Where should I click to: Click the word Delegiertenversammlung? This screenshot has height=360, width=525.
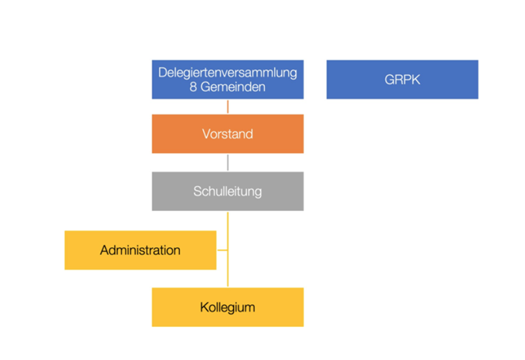(x=228, y=73)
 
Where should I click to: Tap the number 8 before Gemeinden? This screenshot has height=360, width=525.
(x=193, y=87)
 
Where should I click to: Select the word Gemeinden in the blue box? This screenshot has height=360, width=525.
(x=232, y=87)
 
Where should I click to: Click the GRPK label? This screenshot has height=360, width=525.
(x=402, y=80)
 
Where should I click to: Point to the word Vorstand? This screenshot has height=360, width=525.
(x=228, y=134)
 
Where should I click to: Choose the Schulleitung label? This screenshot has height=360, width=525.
(x=228, y=192)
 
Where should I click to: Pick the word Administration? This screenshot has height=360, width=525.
(x=141, y=250)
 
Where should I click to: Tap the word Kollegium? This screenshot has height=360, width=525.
(x=228, y=307)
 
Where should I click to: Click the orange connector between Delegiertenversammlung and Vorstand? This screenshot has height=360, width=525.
(x=228, y=107)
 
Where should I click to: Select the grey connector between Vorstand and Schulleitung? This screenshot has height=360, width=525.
(x=228, y=162)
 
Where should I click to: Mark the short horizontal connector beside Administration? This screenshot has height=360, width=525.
(x=222, y=250)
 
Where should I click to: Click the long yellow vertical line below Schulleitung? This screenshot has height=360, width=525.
(x=228, y=250)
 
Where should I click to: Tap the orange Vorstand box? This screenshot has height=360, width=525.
(x=228, y=134)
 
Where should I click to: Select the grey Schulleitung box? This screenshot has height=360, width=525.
(x=228, y=192)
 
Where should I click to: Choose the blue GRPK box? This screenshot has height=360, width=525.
(x=402, y=80)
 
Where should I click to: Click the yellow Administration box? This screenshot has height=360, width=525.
(x=141, y=250)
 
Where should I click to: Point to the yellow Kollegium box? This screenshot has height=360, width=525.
(x=228, y=307)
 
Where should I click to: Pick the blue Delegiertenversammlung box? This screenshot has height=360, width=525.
(x=228, y=80)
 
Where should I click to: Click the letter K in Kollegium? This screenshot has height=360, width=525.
(x=204, y=307)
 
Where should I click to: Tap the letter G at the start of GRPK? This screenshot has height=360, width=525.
(x=389, y=80)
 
